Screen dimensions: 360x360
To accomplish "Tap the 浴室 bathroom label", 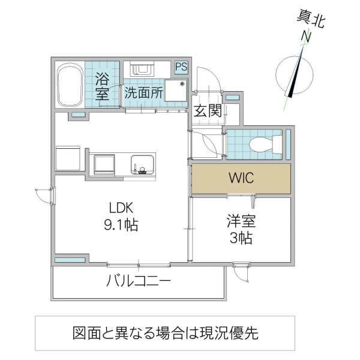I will tap(102, 86).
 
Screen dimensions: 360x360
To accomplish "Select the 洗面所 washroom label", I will tap(144, 93).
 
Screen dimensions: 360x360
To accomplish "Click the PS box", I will tap(181, 67).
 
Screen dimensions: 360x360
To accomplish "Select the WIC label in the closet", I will tap(241, 178).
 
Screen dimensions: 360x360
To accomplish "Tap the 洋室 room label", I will tap(241, 221).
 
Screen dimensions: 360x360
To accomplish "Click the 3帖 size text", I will tap(241, 238).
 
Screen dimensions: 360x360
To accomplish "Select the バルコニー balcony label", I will tap(139, 281).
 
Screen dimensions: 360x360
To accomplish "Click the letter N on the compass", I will tap(306, 37).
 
